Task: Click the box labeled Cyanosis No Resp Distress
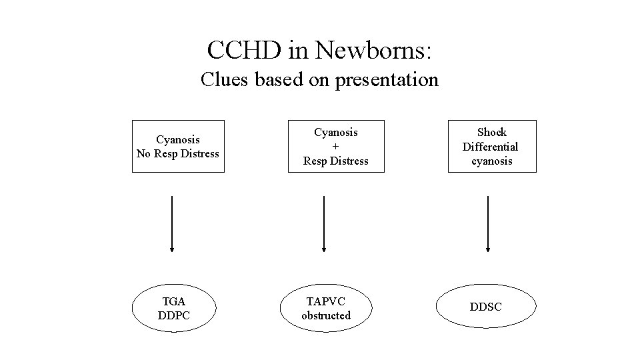178,147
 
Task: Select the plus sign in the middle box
336,147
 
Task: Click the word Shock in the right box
491,132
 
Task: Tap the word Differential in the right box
491,147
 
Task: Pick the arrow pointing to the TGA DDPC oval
172,223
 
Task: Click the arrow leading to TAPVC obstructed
324,223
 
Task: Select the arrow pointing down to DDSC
488,223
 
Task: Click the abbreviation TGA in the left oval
173,301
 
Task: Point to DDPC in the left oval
173,315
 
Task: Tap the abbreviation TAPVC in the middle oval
325,301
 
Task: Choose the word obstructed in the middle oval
325,315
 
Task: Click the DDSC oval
486,307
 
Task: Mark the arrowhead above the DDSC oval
488,249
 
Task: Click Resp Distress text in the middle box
336,161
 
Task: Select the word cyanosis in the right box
491,161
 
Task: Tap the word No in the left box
144,154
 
